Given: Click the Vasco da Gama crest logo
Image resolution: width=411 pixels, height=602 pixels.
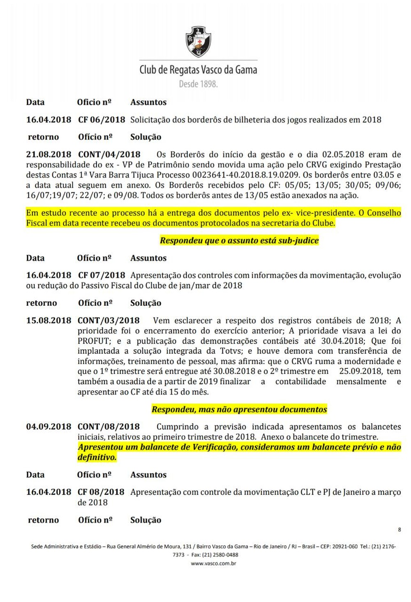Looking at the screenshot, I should pos(199,42).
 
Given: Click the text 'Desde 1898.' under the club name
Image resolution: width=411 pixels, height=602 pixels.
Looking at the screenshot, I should pos(198,84).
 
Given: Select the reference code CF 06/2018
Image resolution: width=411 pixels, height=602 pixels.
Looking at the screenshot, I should pos(102,120).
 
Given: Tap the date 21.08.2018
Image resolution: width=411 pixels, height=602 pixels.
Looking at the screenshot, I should pos(48,155).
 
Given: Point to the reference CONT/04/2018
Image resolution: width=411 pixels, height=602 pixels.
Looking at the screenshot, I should pos(109,155).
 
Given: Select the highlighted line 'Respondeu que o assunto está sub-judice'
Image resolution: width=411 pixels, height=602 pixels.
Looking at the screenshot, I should pos(239,240).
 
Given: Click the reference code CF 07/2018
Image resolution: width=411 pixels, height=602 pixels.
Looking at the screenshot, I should pos(102,275).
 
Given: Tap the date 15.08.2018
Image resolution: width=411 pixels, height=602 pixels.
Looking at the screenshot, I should pos(48,320).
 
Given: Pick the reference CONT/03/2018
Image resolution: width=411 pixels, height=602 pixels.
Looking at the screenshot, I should pos(109,320).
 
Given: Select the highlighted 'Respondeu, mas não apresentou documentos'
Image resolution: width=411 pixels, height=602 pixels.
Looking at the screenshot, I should pos(239,409).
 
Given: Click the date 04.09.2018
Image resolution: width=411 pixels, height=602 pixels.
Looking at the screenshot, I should pos(48,427).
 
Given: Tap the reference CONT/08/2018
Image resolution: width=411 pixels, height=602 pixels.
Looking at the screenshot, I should pos(109,427).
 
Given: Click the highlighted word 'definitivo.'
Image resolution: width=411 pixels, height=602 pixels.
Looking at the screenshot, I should pos(97,457).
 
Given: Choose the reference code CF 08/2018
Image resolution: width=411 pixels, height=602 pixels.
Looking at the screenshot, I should pos(101,492).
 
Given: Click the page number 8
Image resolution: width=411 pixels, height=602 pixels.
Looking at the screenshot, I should pos(399,530).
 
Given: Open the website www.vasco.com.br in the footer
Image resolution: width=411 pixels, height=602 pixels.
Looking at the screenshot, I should pos(213,563).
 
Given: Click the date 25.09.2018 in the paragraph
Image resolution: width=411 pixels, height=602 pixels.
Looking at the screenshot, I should pos(360,371).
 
